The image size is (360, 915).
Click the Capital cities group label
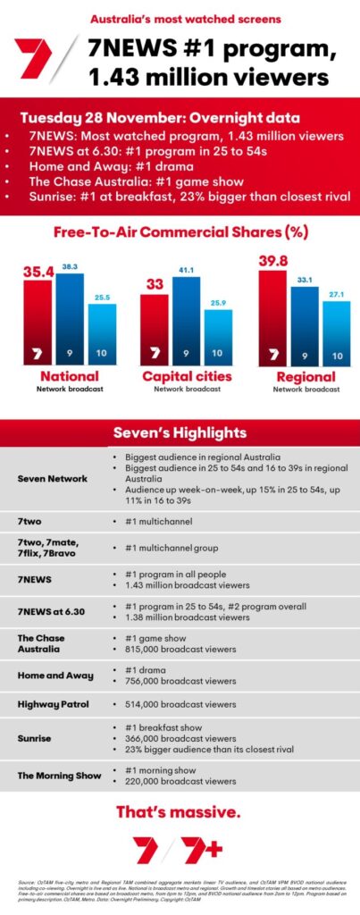187,376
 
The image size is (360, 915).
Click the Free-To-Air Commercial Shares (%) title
180,233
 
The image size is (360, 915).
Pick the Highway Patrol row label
52,704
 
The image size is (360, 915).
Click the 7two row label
31,518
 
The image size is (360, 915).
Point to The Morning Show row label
59,775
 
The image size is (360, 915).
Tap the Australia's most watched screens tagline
180,17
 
